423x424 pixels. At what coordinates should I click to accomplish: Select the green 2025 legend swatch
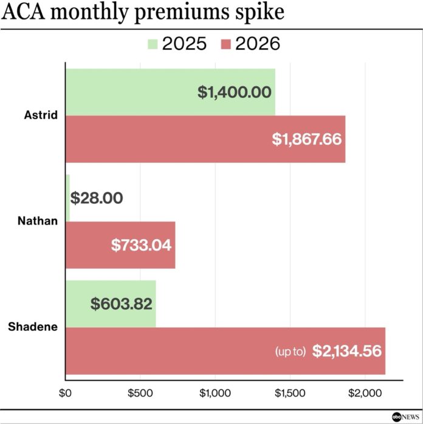click(152, 44)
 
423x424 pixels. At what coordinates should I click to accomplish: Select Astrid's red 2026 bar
click(164, 139)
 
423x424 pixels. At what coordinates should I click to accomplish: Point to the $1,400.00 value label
click(234, 92)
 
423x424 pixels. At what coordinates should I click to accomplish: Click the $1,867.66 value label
click(307, 139)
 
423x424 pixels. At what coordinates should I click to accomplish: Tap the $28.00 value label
click(97, 198)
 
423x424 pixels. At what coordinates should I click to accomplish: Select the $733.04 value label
click(141, 245)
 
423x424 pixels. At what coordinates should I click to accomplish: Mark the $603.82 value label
click(122, 304)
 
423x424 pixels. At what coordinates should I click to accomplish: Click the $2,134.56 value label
click(346, 352)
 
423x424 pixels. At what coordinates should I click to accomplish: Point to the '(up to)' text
click(290, 352)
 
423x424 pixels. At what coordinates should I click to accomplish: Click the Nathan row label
click(41, 221)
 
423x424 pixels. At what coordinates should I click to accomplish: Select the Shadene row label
click(33, 327)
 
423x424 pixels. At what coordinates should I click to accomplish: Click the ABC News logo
click(404, 417)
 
